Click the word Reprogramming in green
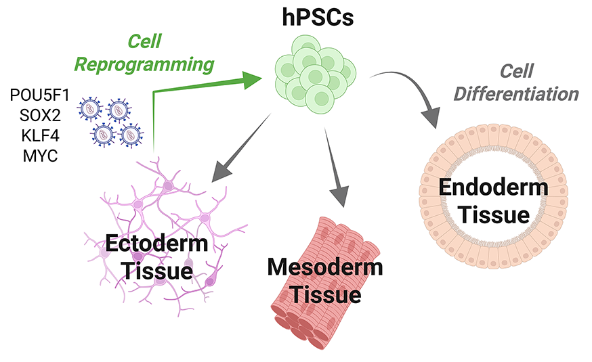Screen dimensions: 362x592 click(144, 65)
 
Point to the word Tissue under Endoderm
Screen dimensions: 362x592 click(493, 215)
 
